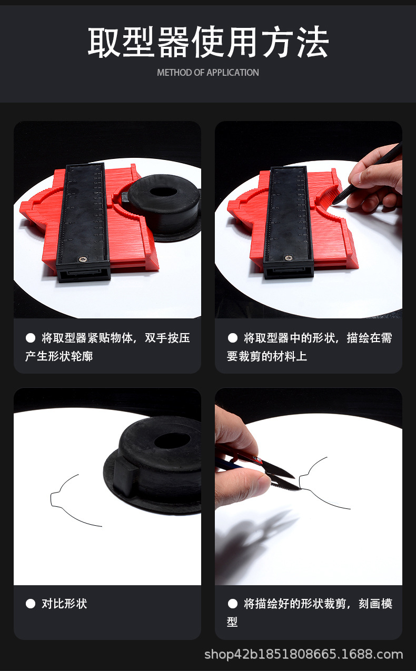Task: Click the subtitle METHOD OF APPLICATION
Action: [208, 73]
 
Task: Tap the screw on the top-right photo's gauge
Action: [288, 258]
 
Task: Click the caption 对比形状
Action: [64, 604]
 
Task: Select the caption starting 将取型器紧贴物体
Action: [107, 347]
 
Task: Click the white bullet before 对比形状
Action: [31, 604]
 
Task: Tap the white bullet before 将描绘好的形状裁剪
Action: [233, 604]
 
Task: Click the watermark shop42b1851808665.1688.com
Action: [303, 655]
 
